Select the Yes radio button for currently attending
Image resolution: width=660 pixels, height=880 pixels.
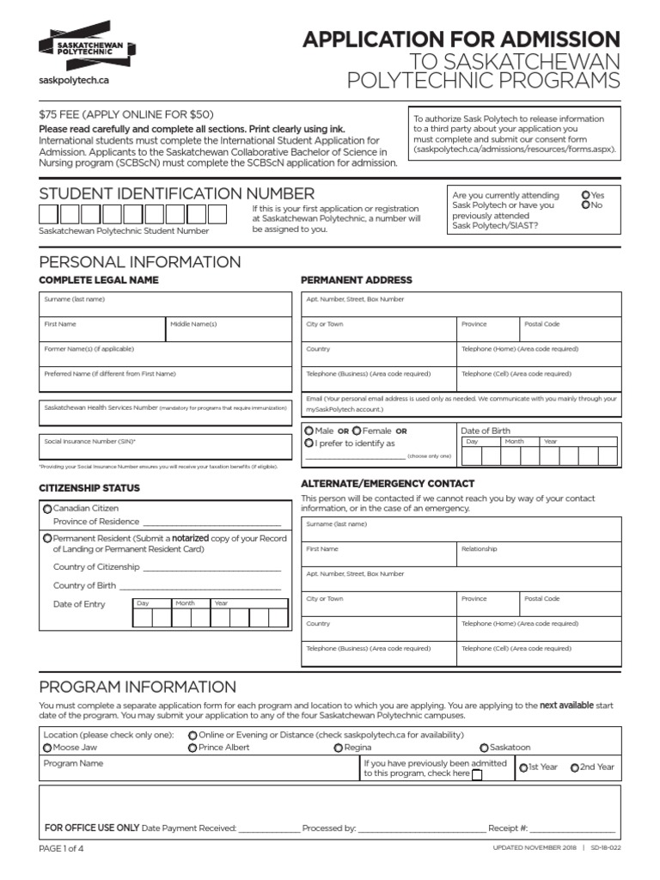(585, 195)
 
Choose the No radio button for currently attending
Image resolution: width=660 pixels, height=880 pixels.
(585, 205)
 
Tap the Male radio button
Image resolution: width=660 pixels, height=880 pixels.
(309, 430)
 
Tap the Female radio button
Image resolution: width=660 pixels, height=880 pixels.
(357, 430)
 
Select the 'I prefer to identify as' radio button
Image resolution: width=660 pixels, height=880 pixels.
(309, 443)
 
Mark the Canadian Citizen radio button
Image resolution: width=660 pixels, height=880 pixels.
(47, 509)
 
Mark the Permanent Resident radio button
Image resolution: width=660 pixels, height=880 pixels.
(47, 538)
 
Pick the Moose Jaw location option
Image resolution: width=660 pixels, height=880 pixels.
(47, 748)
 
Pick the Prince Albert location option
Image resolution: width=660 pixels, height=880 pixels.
(192, 748)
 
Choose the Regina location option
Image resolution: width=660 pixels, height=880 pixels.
(338, 748)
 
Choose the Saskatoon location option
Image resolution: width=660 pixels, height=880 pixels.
(484, 748)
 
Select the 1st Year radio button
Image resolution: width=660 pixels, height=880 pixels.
(522, 767)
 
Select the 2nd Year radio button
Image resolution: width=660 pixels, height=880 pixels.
(574, 767)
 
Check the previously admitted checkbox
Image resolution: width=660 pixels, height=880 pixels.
(477, 774)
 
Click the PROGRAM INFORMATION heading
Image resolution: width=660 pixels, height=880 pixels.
(137, 687)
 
